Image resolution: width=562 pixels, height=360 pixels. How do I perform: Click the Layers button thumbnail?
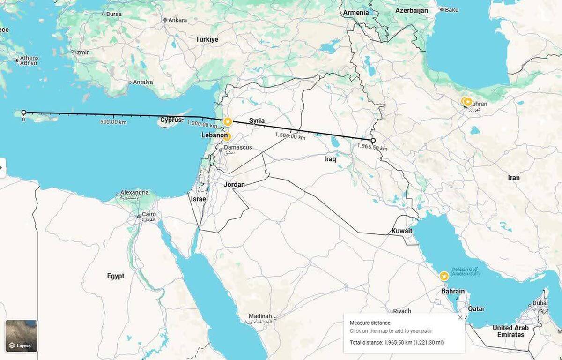pos(21,336)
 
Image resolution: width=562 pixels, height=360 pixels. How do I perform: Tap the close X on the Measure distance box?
pos(460,317)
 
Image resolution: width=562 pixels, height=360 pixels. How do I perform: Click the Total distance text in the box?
pos(396,343)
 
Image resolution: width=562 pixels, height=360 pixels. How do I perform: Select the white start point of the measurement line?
pos(23,112)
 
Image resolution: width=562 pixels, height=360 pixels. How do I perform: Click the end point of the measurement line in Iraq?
pos(373,140)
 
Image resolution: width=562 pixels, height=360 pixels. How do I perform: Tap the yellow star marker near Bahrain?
pos(444,276)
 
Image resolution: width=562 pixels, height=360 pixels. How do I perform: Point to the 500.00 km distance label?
pos(113,122)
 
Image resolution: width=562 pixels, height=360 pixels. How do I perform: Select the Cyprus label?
pos(170,120)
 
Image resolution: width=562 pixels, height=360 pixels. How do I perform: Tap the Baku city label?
pos(451,9)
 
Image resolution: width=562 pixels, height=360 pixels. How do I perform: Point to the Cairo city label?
pos(148,214)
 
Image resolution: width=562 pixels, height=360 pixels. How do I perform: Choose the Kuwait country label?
pos(402,231)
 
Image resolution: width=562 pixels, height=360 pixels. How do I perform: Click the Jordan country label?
pos(234,184)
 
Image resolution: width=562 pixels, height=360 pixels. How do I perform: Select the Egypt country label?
pos(116,276)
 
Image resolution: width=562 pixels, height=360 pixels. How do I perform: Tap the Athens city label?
pos(29,58)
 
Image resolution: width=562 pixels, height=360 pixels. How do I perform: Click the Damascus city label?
pos(237,147)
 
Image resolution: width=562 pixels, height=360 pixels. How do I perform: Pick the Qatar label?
pos(476,309)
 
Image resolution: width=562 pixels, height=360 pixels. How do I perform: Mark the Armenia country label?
pos(356,13)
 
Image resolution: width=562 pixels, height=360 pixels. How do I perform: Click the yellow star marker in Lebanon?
pos(227,136)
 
